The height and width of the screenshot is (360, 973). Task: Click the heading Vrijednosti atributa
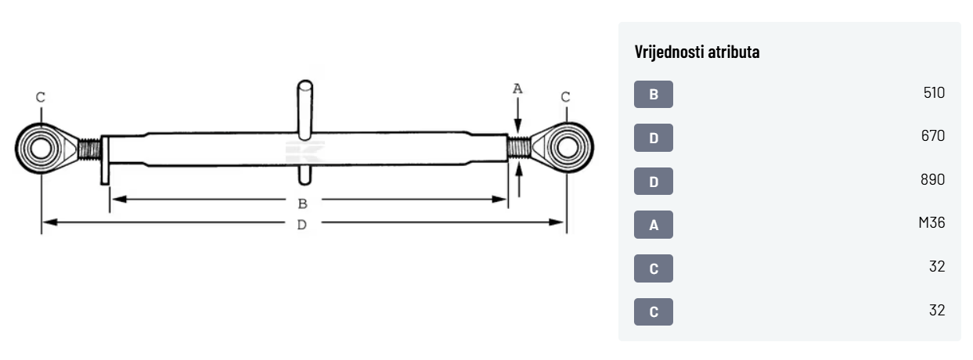[697, 52]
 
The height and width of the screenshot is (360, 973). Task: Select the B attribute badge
[654, 95]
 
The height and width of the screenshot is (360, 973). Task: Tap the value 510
[934, 93]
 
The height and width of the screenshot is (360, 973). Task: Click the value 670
[933, 136]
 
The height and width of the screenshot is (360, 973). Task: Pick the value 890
[933, 180]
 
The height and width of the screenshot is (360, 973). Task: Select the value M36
[932, 223]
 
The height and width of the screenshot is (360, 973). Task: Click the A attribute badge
[654, 225]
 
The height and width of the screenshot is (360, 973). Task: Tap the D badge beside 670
[654, 139]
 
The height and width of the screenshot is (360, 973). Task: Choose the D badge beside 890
[654, 182]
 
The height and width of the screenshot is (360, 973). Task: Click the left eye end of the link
[40, 146]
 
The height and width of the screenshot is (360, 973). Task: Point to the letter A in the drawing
[517, 89]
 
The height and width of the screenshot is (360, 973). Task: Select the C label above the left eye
[41, 98]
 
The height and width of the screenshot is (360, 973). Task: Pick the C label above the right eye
[566, 98]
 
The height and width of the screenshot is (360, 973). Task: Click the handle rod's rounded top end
[305, 86]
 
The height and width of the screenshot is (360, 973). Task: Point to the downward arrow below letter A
[518, 117]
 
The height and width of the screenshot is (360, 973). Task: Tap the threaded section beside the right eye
[519, 146]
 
